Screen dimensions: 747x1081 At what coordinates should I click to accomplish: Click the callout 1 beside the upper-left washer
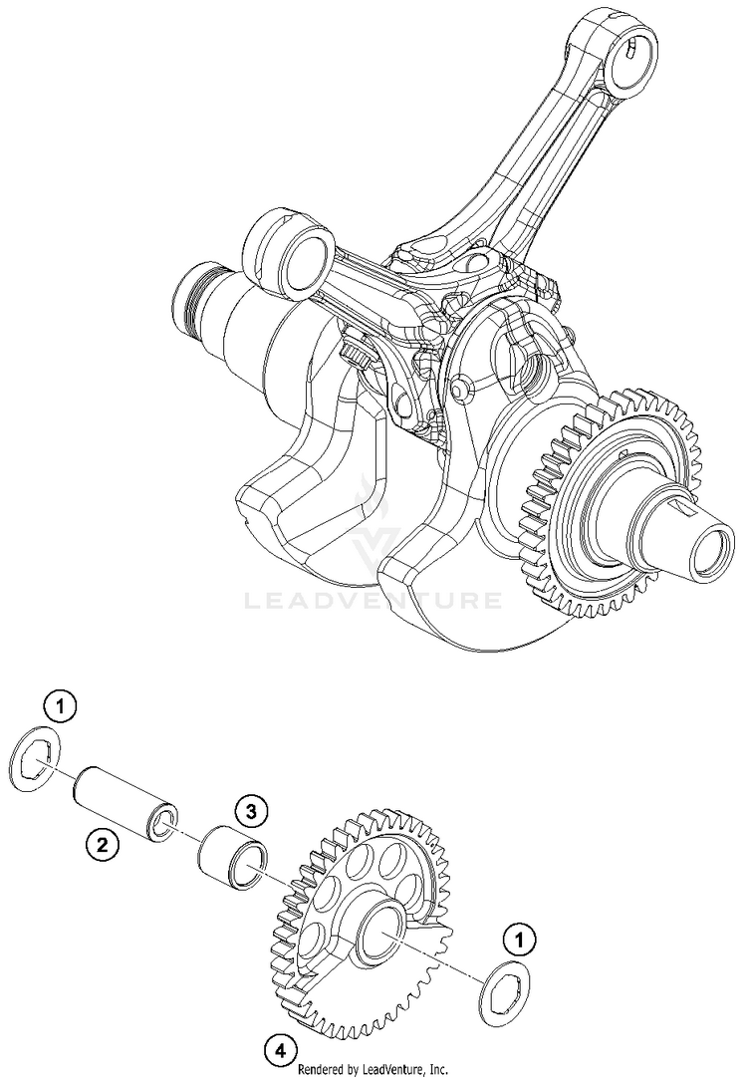61,708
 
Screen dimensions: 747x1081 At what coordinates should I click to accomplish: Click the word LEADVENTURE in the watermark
374,601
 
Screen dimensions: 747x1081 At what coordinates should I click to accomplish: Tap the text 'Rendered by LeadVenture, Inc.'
373,1069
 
